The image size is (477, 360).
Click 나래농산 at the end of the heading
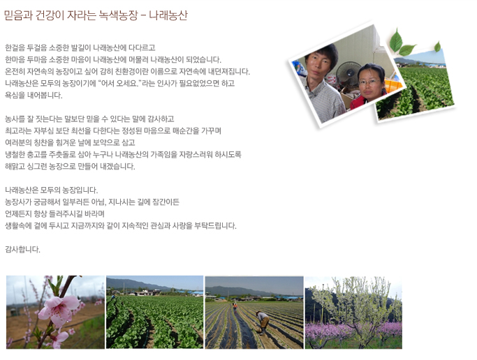coord(168,15)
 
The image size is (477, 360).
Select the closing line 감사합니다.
coord(22,249)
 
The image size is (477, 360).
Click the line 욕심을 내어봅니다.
coord(34,95)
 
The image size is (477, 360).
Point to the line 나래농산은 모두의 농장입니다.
coord(52,190)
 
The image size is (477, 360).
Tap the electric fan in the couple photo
coord(348,73)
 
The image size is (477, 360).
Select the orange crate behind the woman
coord(393,84)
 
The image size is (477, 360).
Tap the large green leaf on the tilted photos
coord(396,40)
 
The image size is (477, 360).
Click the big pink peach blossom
coord(59,310)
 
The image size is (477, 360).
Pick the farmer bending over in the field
coord(263,322)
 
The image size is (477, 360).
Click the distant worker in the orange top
coord(235,306)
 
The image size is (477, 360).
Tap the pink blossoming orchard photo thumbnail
coord(353,313)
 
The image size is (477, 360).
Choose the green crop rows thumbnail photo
coord(154,313)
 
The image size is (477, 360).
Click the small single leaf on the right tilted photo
coord(437,47)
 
